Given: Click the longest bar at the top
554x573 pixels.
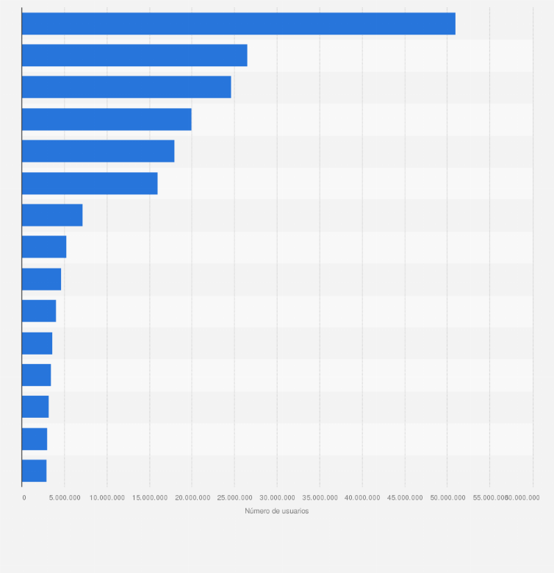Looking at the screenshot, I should [238, 24].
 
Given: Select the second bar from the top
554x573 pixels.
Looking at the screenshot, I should [134, 55].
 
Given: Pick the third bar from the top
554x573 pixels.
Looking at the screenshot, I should [126, 87].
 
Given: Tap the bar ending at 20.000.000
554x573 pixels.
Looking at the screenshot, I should [107, 119].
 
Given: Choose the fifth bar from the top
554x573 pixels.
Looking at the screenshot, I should [98, 151].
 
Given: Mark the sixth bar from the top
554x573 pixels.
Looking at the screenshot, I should [90, 183].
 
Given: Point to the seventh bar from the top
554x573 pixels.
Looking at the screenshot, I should [52, 215].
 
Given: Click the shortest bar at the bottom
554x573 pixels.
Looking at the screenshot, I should [34, 471].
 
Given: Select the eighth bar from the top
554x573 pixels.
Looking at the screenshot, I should [44, 247].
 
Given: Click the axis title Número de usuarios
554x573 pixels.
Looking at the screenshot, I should [277, 511].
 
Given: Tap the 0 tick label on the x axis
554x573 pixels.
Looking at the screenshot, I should [24, 498].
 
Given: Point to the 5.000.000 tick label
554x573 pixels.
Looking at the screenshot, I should [65, 498].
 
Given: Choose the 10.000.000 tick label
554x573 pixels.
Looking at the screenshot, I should [107, 498].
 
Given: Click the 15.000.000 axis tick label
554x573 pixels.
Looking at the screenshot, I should [150, 498].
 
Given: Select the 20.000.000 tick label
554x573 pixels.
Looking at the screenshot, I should [192, 498].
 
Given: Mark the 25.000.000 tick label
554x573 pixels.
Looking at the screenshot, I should [234, 498].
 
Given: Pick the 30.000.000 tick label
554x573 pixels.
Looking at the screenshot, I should [277, 498].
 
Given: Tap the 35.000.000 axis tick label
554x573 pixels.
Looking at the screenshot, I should [320, 498].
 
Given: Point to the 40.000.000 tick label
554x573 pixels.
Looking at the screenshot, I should [362, 498].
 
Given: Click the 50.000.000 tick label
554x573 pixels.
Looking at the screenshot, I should [447, 498].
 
